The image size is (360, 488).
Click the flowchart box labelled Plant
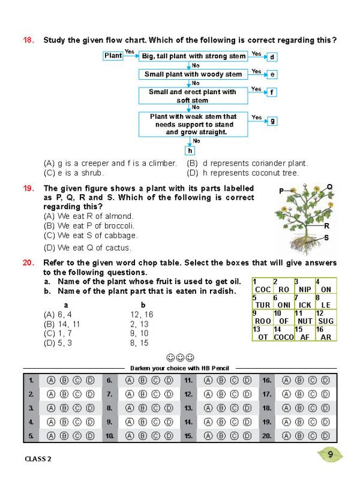pos(113,55)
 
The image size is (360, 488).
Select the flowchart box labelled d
pos(272,57)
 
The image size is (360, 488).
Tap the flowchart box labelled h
pos(190,151)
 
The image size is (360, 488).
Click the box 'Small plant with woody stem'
pos(193,74)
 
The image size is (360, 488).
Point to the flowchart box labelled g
pos(272,121)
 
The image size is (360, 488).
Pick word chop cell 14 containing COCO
pos(284,333)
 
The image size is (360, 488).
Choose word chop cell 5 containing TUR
pos(263,301)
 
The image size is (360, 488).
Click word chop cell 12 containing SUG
pos(326,317)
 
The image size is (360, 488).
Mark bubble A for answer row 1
pos(50,380)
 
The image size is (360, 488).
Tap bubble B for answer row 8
pos(143,408)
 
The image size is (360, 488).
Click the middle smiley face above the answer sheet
pos(180,358)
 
